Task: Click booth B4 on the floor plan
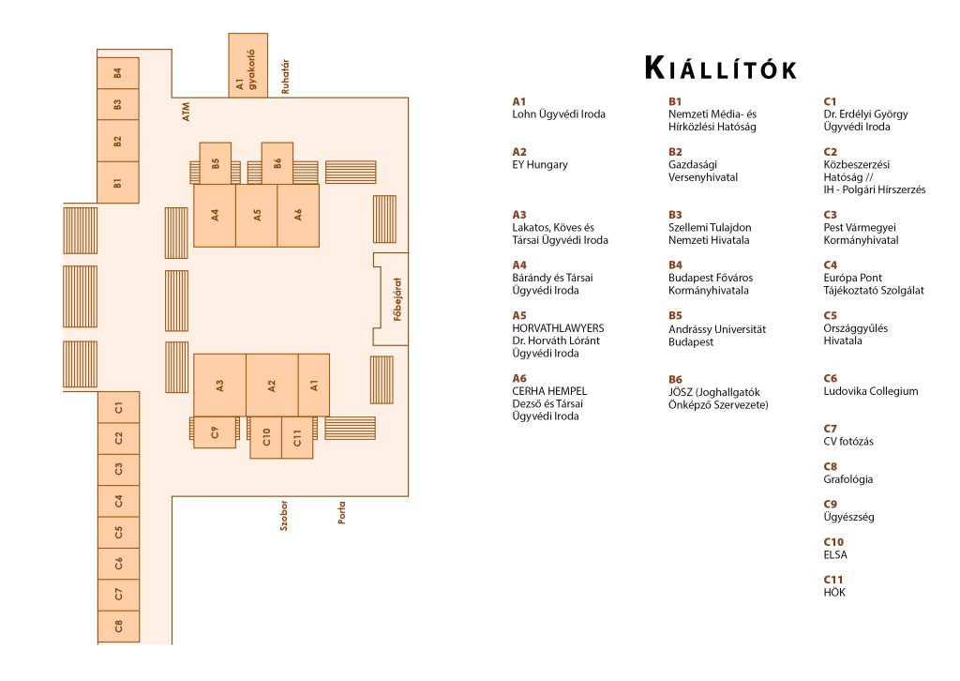[x=118, y=73]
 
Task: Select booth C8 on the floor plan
[x=119, y=626]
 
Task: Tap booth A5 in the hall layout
[x=257, y=216]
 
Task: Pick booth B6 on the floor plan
[x=277, y=163]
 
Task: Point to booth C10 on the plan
[x=265, y=437]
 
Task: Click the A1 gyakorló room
[x=247, y=66]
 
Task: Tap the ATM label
[x=187, y=112]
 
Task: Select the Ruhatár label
[x=285, y=77]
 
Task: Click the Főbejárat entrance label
[x=397, y=299]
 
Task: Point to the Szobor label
[x=283, y=516]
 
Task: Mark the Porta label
[x=341, y=512]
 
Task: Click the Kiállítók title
[x=721, y=68]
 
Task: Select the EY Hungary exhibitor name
[x=540, y=164]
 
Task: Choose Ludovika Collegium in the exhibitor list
[x=871, y=391]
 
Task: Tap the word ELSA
[x=835, y=555]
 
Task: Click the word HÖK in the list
[x=833, y=592]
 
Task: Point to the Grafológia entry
[x=847, y=479]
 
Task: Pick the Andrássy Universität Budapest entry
[x=717, y=336]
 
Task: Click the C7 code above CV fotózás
[x=830, y=429]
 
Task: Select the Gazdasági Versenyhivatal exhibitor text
[x=703, y=171]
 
